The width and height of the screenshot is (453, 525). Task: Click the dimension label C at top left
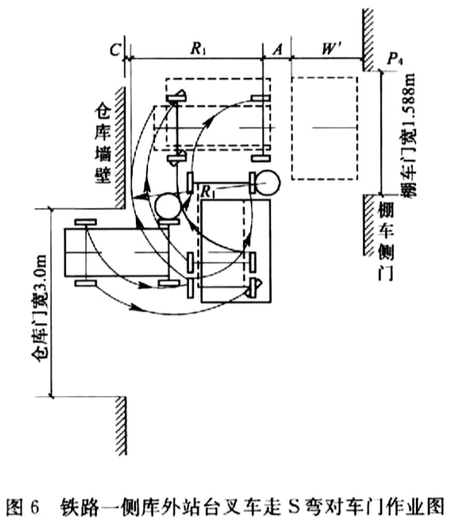click(115, 50)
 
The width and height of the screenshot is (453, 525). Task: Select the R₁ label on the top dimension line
click(198, 48)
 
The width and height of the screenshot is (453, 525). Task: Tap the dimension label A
click(278, 50)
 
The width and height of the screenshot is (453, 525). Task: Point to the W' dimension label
click(330, 49)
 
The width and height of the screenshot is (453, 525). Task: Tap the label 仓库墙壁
click(103, 144)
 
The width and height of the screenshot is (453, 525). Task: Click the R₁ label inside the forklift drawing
click(207, 192)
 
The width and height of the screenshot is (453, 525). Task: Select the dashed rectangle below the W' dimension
click(325, 128)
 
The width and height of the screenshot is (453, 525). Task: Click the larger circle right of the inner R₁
click(267, 183)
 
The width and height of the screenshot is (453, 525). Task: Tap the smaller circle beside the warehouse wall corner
click(168, 206)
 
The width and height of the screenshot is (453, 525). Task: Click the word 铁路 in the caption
click(80, 507)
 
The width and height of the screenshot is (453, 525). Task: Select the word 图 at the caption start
click(15, 507)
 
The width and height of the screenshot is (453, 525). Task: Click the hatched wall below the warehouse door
click(121, 425)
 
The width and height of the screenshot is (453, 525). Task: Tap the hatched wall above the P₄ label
click(368, 40)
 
